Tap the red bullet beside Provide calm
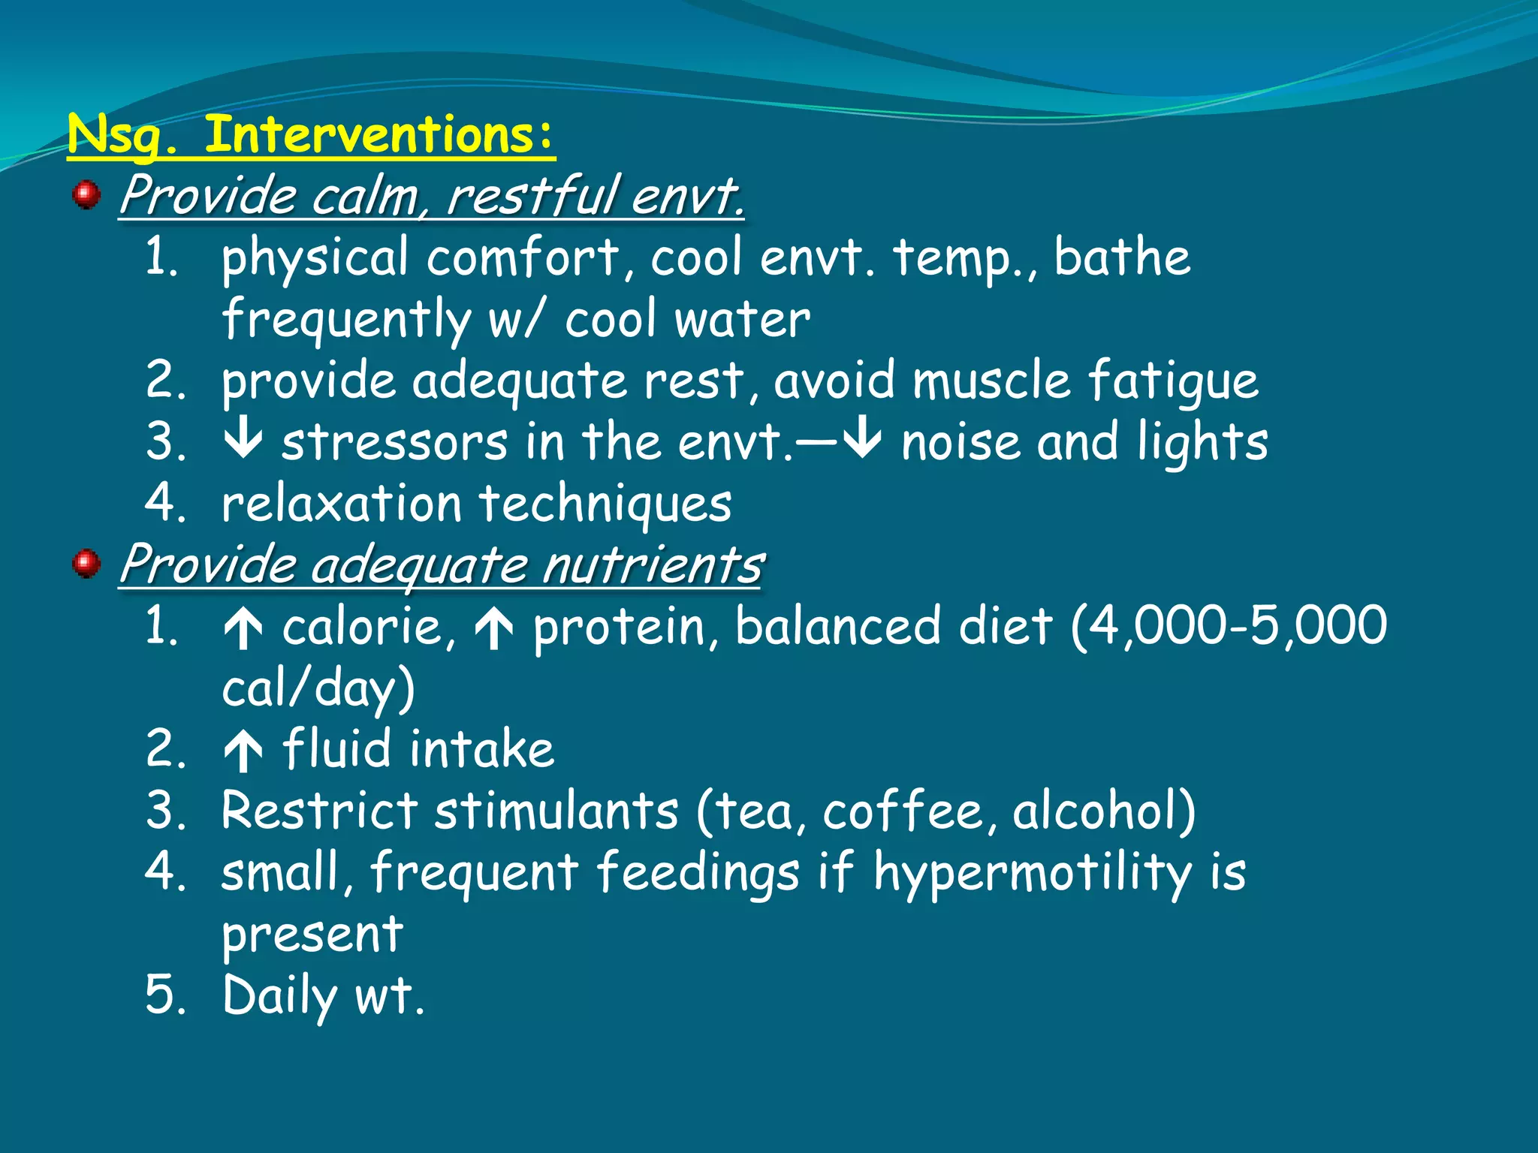tap(86, 194)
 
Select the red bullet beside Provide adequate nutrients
tap(86, 563)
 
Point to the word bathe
tap(1121, 257)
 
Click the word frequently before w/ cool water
tap(346, 320)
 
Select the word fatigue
tap(1172, 380)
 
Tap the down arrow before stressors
tap(243, 441)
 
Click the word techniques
tap(605, 504)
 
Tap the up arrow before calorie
tap(243, 628)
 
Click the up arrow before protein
tap(493, 628)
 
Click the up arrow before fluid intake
tap(243, 751)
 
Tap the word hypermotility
tap(1033, 874)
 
